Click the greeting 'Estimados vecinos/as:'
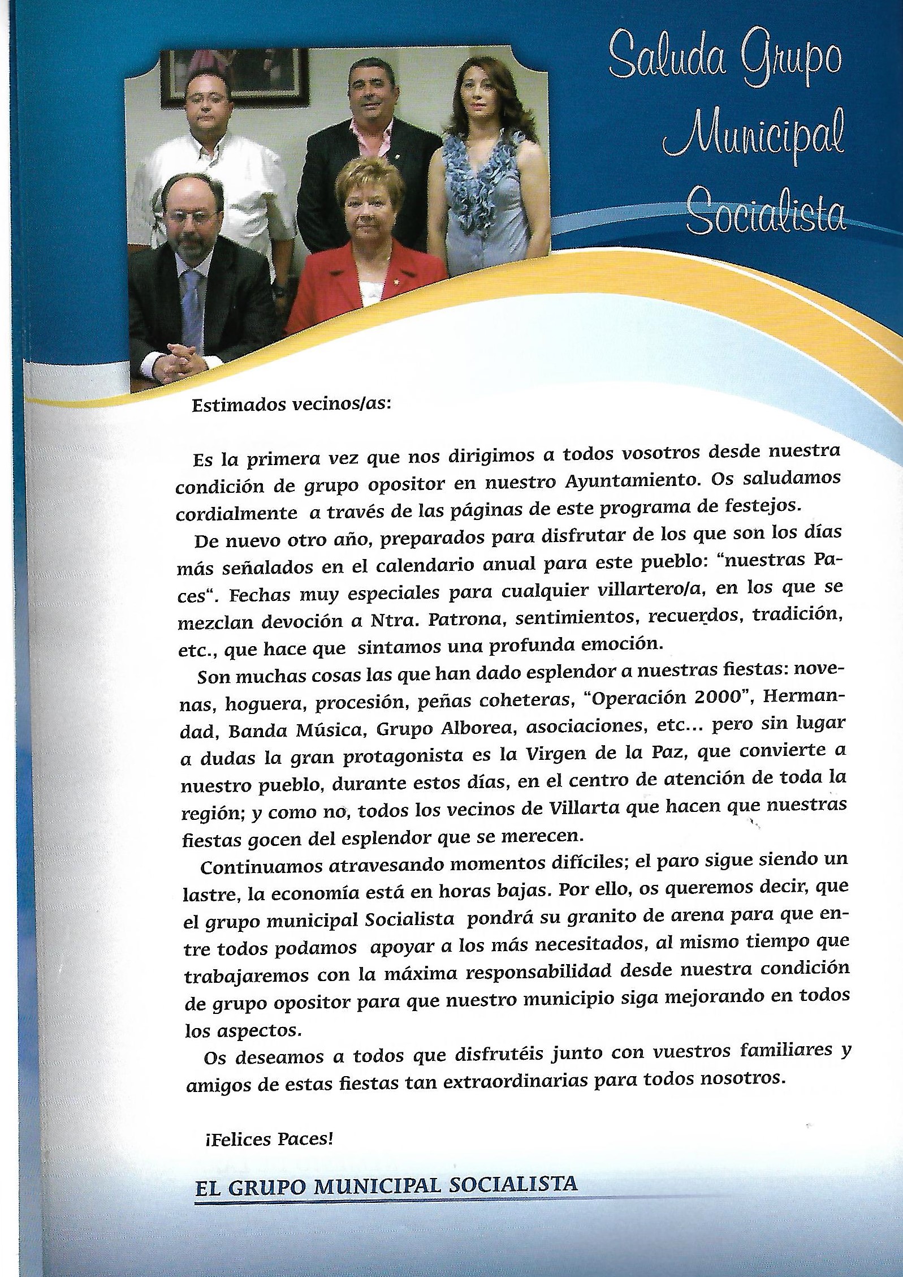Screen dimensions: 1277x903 [x=291, y=406]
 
